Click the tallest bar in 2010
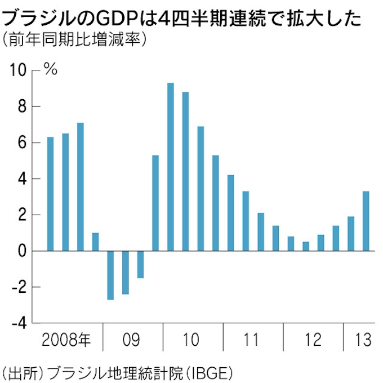(170, 167)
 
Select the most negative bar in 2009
(110, 275)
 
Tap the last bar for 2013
(366, 221)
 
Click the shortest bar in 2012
(306, 246)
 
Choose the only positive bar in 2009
(155, 203)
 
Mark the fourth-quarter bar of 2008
(95, 242)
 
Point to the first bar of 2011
(230, 213)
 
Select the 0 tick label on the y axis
(21, 251)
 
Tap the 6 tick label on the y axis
(21, 143)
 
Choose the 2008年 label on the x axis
(66, 340)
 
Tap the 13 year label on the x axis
(363, 340)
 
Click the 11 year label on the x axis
(252, 340)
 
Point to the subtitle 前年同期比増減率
(73, 41)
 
